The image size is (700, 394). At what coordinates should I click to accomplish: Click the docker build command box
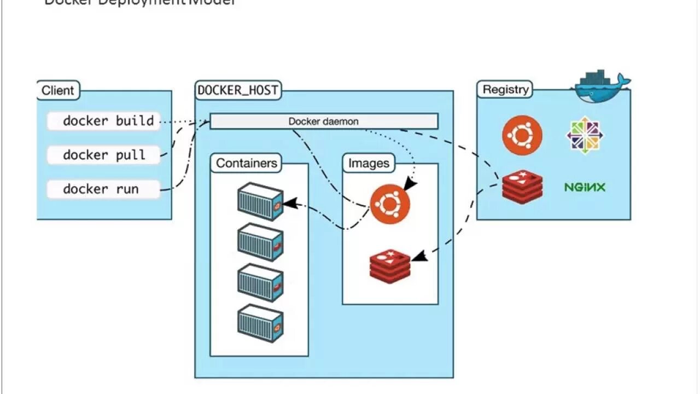click(104, 121)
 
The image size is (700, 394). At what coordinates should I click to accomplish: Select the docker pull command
click(104, 155)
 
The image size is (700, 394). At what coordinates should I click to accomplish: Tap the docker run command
click(104, 189)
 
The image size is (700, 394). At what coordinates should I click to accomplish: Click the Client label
click(58, 90)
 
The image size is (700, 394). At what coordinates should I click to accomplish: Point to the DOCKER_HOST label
click(238, 90)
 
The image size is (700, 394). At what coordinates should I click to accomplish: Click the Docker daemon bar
click(324, 121)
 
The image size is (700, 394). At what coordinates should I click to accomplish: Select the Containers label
click(247, 163)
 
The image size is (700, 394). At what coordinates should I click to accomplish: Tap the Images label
click(369, 163)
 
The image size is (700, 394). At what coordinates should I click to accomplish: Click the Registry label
click(505, 89)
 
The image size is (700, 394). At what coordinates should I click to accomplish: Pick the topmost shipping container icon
click(260, 201)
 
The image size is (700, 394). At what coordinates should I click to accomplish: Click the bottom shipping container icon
click(260, 323)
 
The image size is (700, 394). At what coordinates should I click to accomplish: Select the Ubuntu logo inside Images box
click(390, 205)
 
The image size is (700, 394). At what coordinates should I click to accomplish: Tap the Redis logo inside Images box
click(390, 266)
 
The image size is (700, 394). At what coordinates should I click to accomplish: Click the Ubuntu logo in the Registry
click(522, 135)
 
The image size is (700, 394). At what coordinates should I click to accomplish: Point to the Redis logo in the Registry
click(523, 187)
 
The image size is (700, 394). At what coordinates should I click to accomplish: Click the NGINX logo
click(585, 188)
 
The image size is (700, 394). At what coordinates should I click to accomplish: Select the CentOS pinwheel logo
click(585, 135)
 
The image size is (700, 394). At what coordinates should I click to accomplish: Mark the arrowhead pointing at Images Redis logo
click(418, 255)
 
